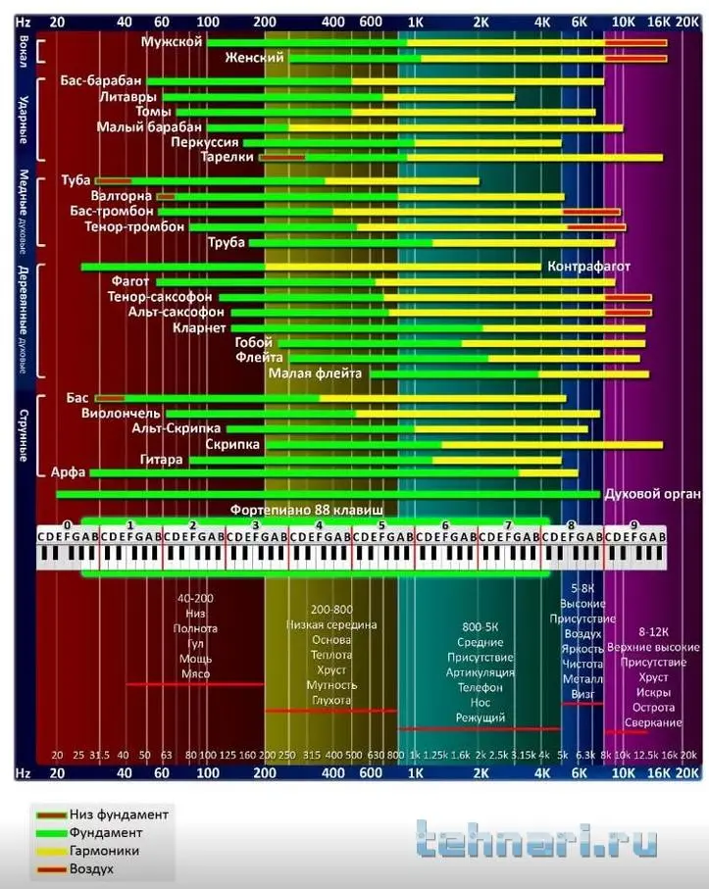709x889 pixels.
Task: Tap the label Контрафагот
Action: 588,267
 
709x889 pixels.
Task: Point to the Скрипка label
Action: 232,444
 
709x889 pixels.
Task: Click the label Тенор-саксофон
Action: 160,296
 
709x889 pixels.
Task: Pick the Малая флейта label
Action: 316,372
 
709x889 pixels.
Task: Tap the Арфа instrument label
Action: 68,472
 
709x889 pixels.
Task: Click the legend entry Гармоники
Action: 103,851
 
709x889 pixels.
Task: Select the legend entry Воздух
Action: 91,868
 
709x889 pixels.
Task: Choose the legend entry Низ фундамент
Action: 119,815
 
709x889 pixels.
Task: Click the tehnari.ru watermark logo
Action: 534,842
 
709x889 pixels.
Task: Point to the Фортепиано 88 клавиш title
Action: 307,510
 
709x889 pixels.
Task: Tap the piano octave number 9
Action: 633,525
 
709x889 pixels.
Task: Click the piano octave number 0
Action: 67,525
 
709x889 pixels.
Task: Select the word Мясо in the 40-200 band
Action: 196,674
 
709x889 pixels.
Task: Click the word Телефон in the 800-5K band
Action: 481,688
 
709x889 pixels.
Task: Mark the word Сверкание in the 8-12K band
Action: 653,722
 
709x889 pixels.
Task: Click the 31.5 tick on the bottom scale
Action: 99,755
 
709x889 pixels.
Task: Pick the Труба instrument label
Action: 227,242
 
